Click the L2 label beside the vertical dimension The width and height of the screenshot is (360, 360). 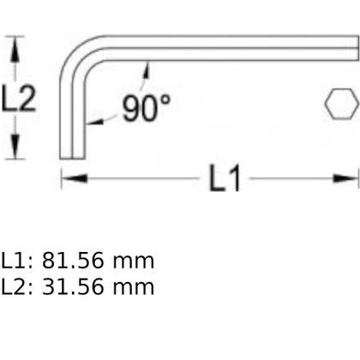tap(18, 99)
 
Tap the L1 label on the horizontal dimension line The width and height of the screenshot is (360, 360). tap(225, 179)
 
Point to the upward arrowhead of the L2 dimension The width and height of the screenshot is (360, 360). tap(14, 43)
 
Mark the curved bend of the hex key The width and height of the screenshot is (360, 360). tap(77, 53)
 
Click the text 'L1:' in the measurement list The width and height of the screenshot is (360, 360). tap(17, 261)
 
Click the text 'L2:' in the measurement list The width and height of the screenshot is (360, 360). tap(17, 286)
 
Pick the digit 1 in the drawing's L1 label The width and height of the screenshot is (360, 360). tap(235, 179)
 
